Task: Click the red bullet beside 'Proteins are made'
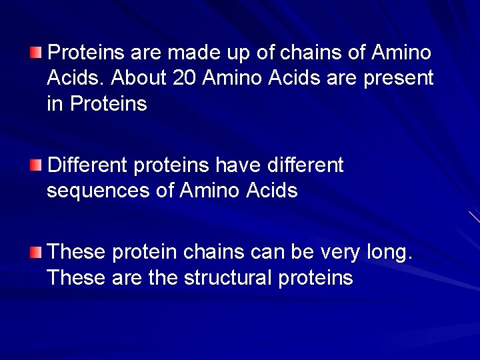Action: [36, 51]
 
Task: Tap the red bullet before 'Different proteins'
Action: [36, 165]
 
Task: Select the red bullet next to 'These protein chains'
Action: [36, 251]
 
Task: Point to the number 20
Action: [185, 78]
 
